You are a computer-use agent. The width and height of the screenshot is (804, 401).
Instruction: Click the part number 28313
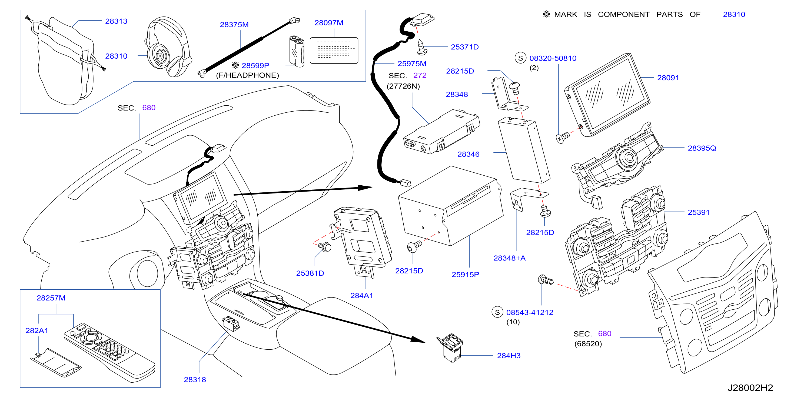click(116, 21)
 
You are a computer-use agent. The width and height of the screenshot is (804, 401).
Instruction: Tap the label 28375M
click(234, 25)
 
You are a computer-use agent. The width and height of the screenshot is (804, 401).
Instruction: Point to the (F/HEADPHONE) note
click(248, 75)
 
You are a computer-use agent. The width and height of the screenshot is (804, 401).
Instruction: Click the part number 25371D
click(464, 47)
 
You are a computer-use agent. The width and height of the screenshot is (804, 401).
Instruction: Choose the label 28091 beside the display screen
click(668, 78)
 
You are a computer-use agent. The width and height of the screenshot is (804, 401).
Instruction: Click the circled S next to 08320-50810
click(520, 58)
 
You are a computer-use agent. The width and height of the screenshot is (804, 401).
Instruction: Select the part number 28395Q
click(702, 148)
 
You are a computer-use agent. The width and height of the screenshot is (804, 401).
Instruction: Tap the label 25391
click(699, 212)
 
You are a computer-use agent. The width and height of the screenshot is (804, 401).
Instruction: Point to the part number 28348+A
click(509, 258)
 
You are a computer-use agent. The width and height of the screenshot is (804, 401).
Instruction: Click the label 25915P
click(465, 275)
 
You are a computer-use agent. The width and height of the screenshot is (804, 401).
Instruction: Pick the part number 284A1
click(361, 296)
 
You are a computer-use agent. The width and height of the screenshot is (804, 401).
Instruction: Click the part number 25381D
click(310, 273)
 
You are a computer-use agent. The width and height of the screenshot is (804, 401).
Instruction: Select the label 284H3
click(509, 356)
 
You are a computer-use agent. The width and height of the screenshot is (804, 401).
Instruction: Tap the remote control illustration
click(109, 352)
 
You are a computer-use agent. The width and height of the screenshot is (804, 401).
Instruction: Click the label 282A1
click(37, 330)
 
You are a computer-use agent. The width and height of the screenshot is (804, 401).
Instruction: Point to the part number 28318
click(195, 380)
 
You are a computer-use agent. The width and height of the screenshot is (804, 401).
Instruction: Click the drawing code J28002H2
click(750, 388)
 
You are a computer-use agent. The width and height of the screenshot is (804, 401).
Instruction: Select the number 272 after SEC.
click(420, 75)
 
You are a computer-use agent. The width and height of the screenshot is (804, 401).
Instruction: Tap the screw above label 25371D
click(422, 47)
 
